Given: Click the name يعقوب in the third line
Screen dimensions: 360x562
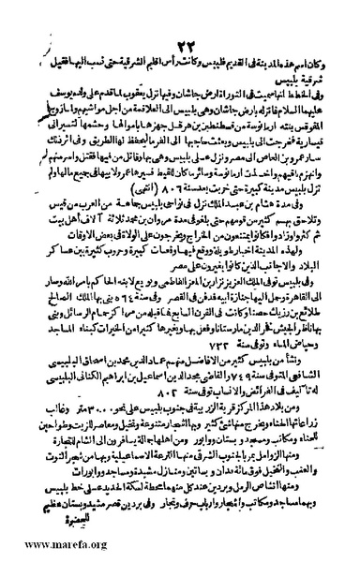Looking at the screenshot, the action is [119, 67].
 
